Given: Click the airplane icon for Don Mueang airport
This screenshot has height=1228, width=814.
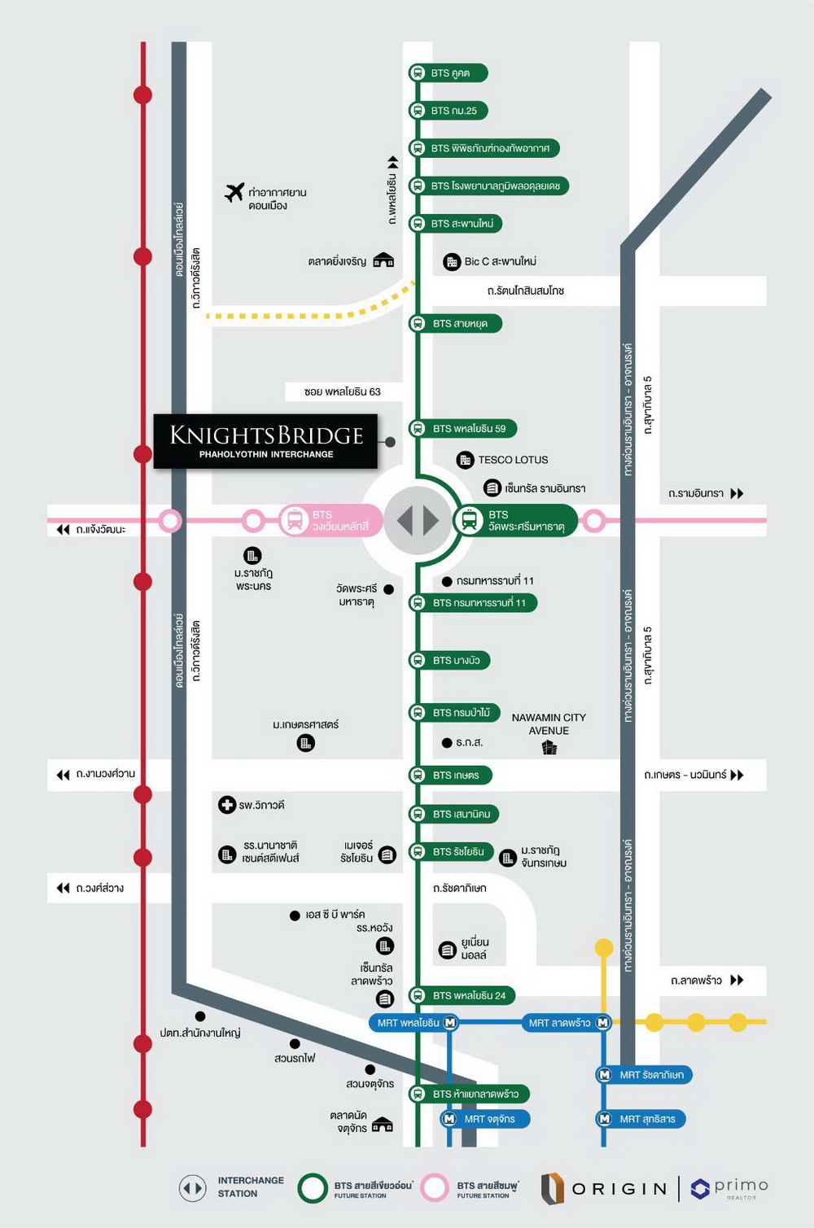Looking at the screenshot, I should (x=234, y=193).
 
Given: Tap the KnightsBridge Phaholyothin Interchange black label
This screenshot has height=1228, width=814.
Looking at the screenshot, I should (x=265, y=441).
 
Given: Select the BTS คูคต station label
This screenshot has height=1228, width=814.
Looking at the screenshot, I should (x=449, y=73).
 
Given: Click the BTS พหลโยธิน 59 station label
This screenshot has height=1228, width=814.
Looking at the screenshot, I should (x=463, y=428).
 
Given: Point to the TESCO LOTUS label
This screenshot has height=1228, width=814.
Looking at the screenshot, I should (x=512, y=460).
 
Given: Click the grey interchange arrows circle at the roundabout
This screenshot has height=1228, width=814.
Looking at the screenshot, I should (x=417, y=520).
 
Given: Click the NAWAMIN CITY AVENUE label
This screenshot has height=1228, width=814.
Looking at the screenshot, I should (x=549, y=724).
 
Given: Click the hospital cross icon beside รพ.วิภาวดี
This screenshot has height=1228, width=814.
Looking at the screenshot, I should (x=227, y=805).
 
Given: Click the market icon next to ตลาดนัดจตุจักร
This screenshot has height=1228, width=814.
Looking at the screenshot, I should (x=382, y=1125).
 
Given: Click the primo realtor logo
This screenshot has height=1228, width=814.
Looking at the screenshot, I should (x=729, y=1188).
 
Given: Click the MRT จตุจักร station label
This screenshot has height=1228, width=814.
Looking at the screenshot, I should (x=484, y=1119).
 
